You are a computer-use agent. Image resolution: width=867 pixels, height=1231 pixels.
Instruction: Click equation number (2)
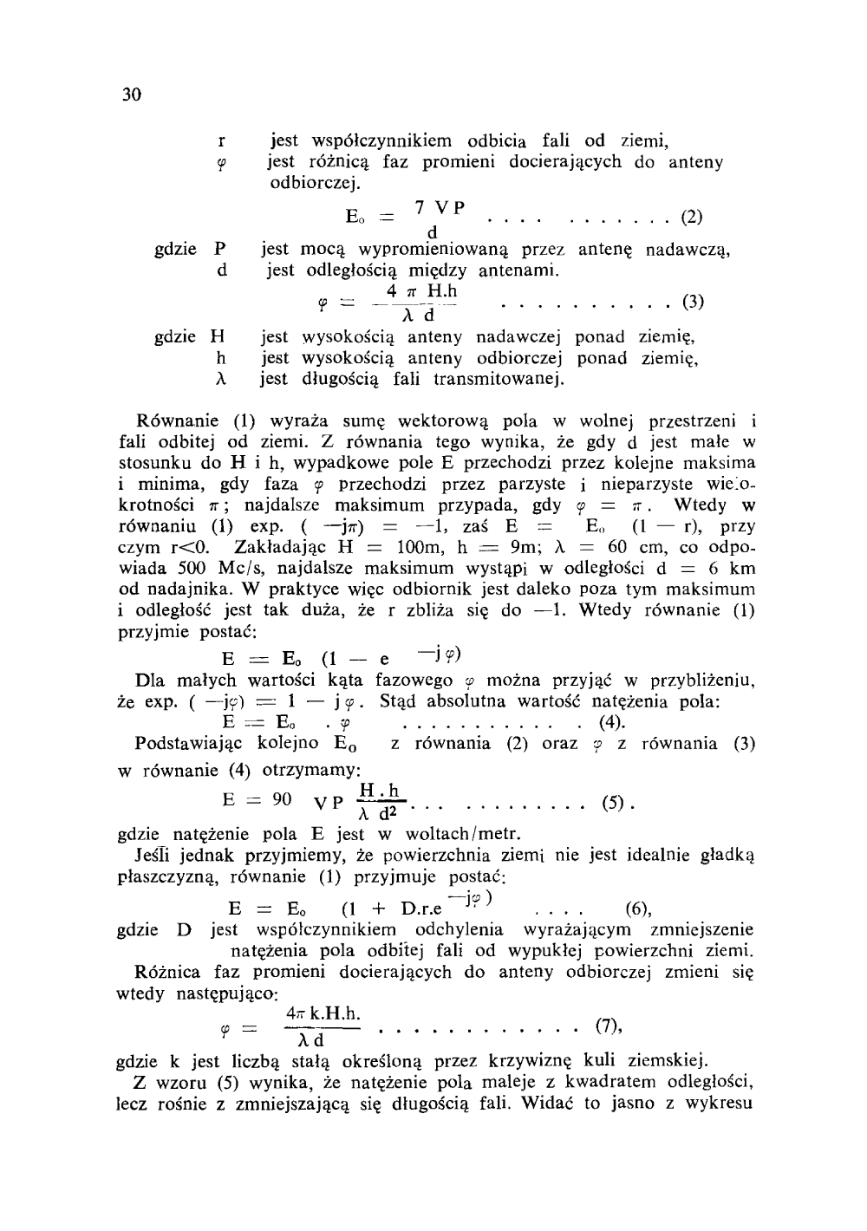(x=691, y=216)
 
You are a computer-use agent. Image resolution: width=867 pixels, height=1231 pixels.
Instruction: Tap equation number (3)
(x=693, y=303)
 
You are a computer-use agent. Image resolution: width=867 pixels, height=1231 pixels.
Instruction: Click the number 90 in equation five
(x=282, y=799)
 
